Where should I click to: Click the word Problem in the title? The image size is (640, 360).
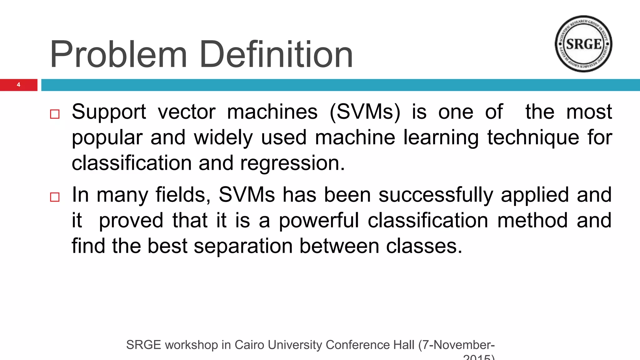pos(118,55)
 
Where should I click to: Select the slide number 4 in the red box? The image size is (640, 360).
pos(19,85)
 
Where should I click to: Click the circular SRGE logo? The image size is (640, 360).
pos(583,44)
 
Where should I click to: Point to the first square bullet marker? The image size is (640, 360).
pos(55,114)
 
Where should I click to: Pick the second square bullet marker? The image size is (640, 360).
pos(55,197)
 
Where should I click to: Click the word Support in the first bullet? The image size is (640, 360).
pos(109,112)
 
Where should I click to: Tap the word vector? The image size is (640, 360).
pos(187,112)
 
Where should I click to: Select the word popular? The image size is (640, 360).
pos(107,138)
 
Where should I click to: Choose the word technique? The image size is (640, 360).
pos(533,138)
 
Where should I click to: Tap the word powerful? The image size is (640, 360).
pos(319,221)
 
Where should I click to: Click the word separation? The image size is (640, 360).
pos(243,246)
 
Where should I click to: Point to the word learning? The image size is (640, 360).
pos(441,138)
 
